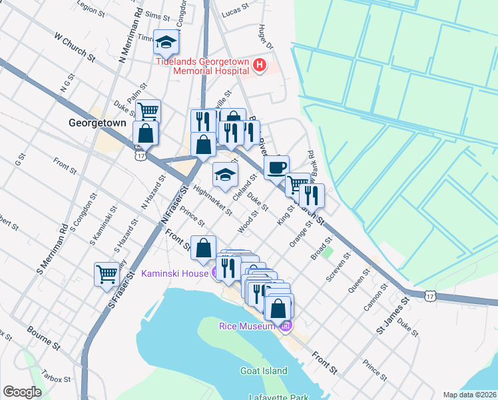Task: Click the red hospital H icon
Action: tap(260, 67)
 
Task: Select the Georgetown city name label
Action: tap(97, 123)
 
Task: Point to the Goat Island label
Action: tap(264, 371)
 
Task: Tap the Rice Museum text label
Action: tap(247, 326)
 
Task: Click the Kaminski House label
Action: tap(175, 273)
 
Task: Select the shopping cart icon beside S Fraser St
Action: tap(107, 273)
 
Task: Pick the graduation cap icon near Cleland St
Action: tap(225, 175)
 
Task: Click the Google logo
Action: tap(22, 391)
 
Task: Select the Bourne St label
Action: tap(44, 338)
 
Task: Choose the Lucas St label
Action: tap(235, 13)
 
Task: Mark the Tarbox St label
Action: tap(55, 379)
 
